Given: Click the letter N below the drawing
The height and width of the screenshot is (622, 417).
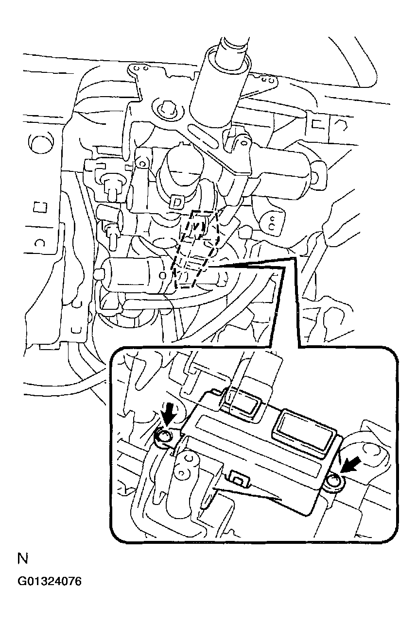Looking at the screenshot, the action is [22, 559].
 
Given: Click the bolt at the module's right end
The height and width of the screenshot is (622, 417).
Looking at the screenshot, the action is [334, 482].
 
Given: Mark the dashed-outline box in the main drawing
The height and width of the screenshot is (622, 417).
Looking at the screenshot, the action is [195, 249].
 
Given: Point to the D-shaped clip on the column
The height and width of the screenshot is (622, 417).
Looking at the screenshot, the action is [176, 202].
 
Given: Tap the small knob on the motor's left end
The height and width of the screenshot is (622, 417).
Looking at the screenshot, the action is [99, 273].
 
